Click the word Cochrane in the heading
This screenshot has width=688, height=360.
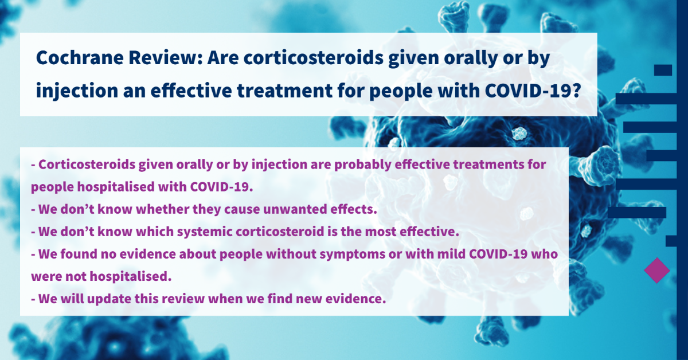80,57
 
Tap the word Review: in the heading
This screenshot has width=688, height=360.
166,57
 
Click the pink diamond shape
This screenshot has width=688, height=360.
656,271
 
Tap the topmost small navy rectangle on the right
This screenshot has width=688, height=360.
663,70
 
